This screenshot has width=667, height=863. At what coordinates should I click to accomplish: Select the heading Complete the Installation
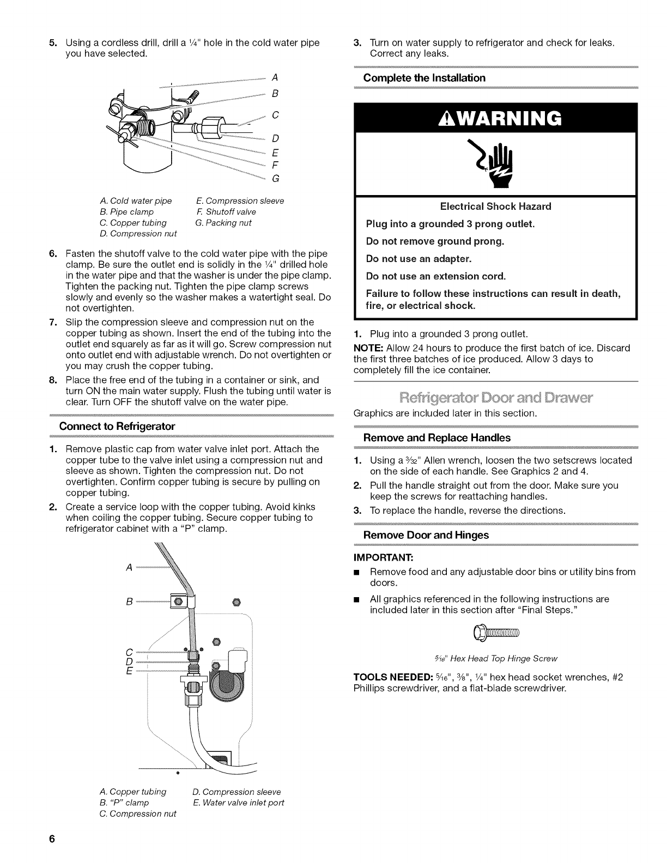click(x=424, y=78)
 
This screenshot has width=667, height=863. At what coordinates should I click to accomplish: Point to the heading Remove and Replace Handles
click(x=437, y=437)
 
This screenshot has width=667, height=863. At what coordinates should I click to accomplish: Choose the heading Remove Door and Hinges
click(x=426, y=535)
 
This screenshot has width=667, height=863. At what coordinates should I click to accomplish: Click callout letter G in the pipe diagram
click(x=275, y=178)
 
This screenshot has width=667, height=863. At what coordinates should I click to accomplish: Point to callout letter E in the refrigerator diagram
click(x=129, y=670)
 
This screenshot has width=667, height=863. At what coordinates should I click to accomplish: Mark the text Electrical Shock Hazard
click(x=495, y=206)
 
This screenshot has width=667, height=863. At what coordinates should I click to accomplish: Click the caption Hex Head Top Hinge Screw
click(x=496, y=658)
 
